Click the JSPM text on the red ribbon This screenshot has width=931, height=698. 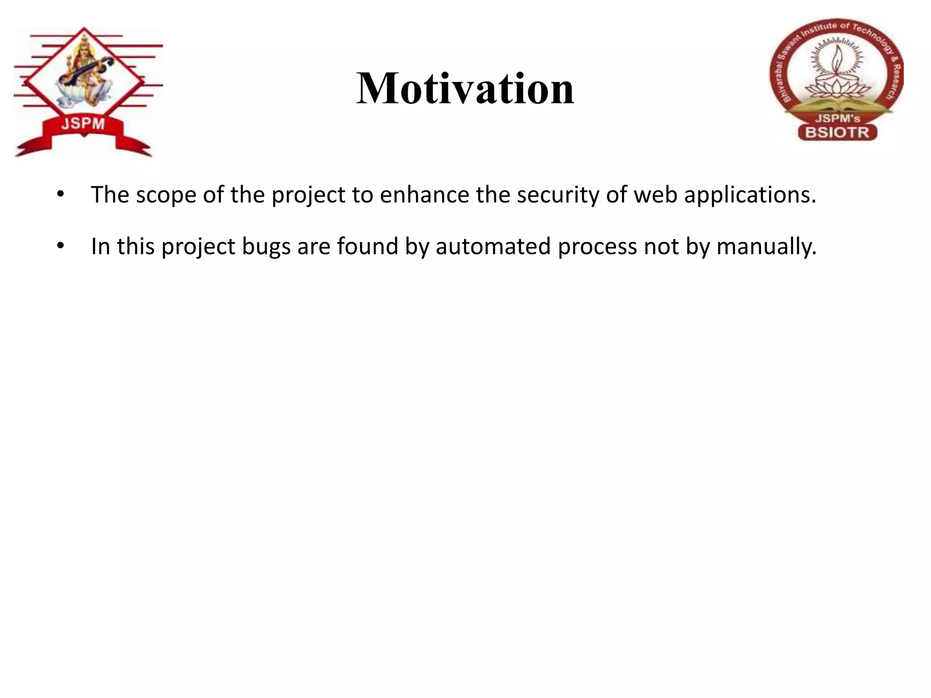click(83, 124)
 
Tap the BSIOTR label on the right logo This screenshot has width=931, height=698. click(837, 133)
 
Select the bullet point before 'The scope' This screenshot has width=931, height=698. click(60, 194)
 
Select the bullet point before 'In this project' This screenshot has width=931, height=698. click(60, 246)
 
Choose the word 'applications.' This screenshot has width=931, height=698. click(750, 195)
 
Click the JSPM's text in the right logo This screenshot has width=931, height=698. click(837, 119)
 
